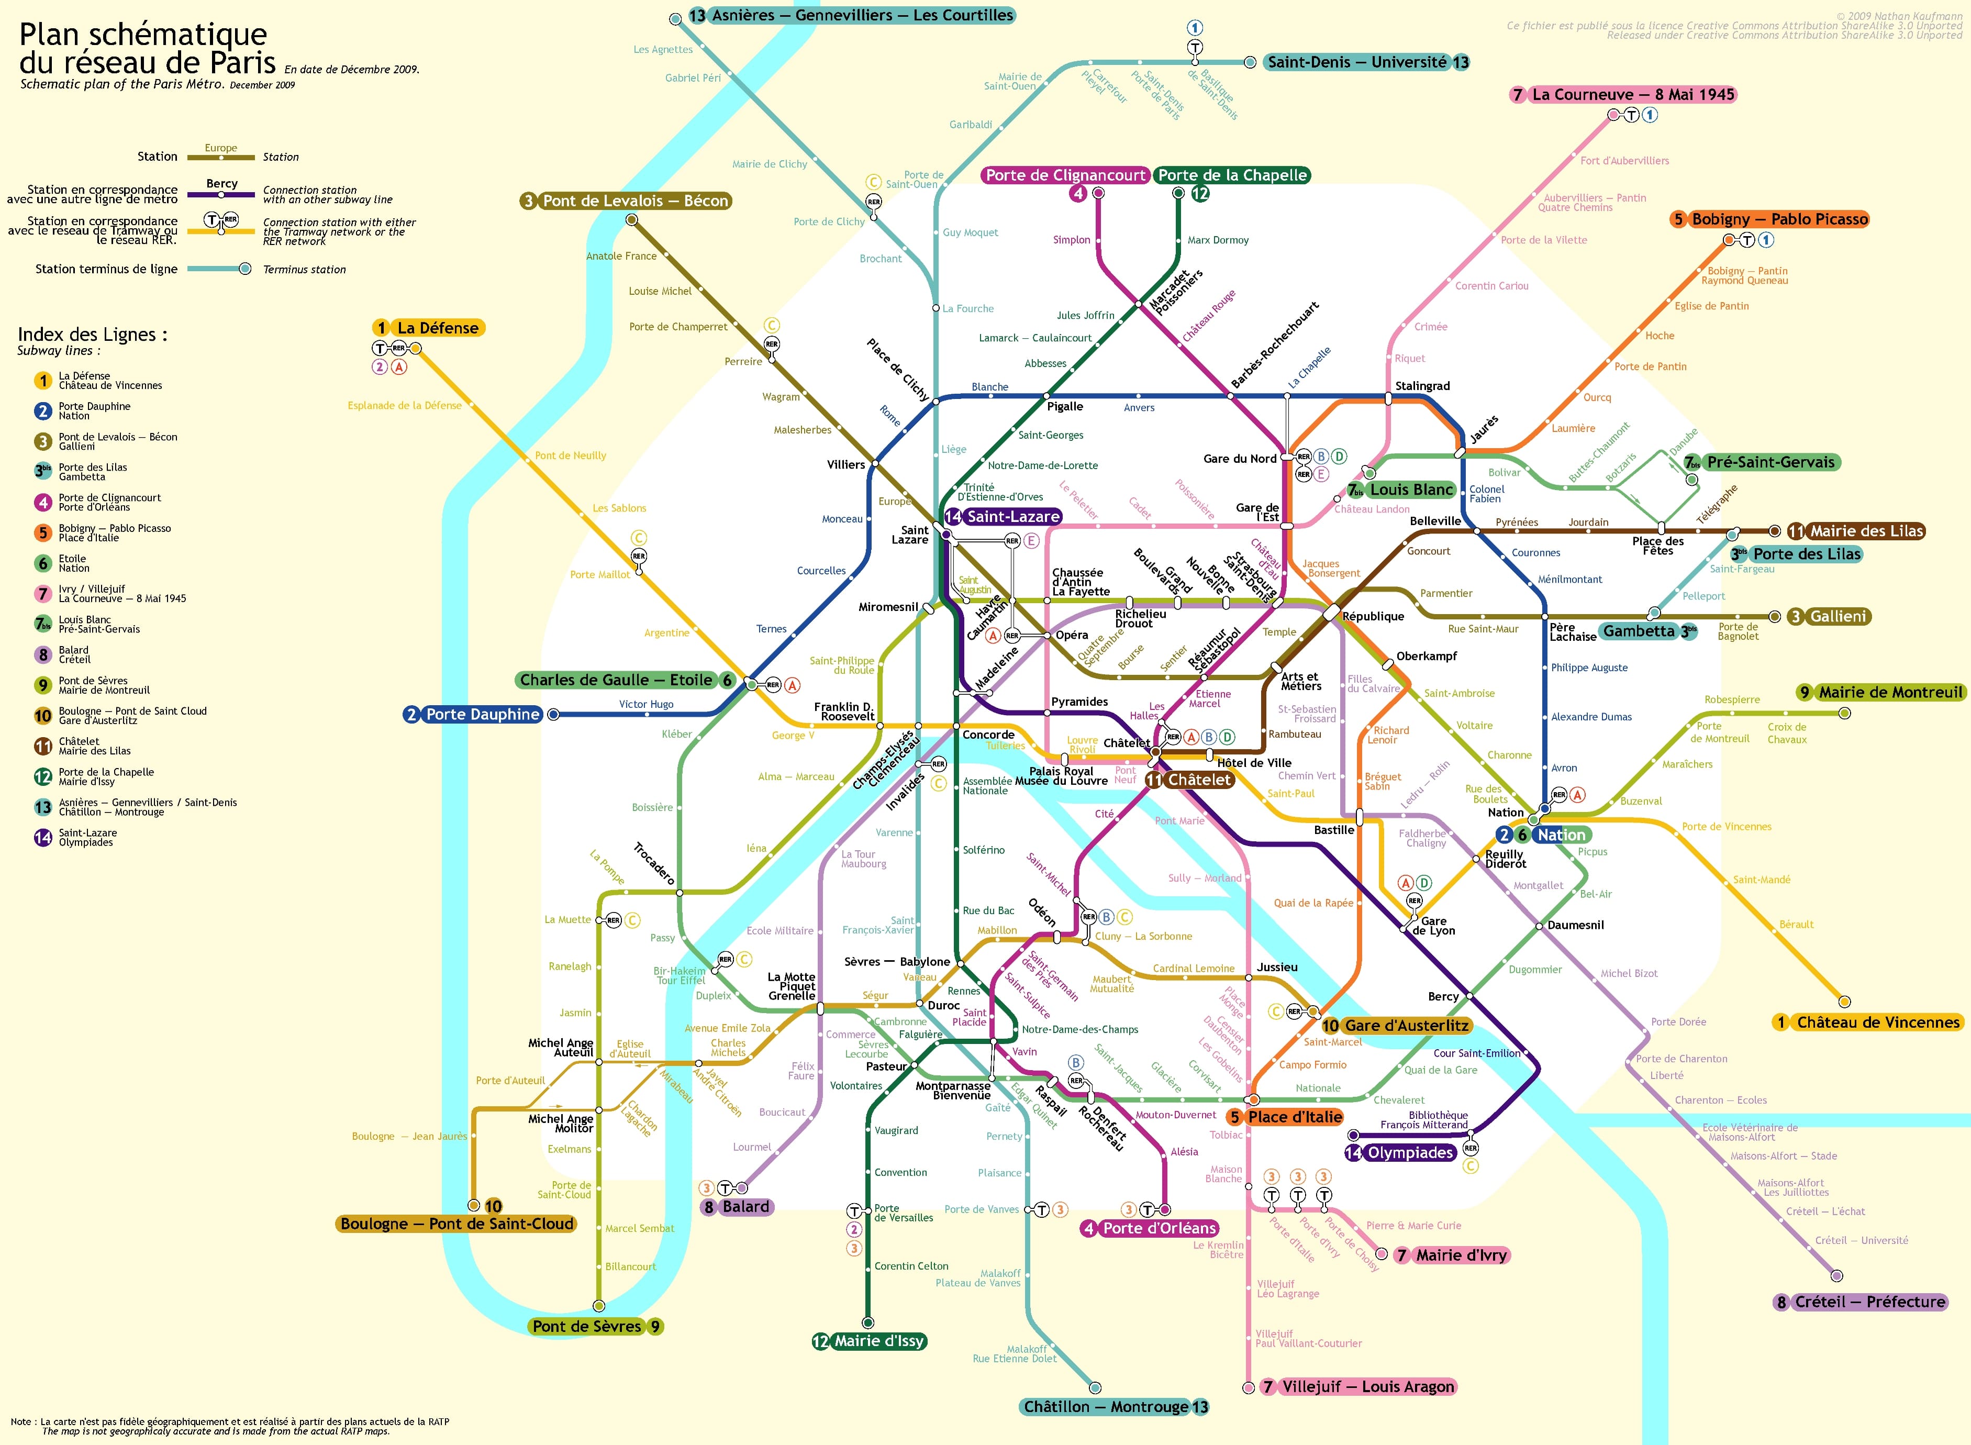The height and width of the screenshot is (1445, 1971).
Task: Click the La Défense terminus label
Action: tap(428, 328)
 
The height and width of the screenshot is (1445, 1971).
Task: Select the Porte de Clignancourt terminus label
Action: tap(1065, 175)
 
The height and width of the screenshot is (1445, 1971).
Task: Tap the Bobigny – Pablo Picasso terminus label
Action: tap(1770, 219)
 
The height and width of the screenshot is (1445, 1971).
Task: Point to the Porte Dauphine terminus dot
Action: tap(553, 715)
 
